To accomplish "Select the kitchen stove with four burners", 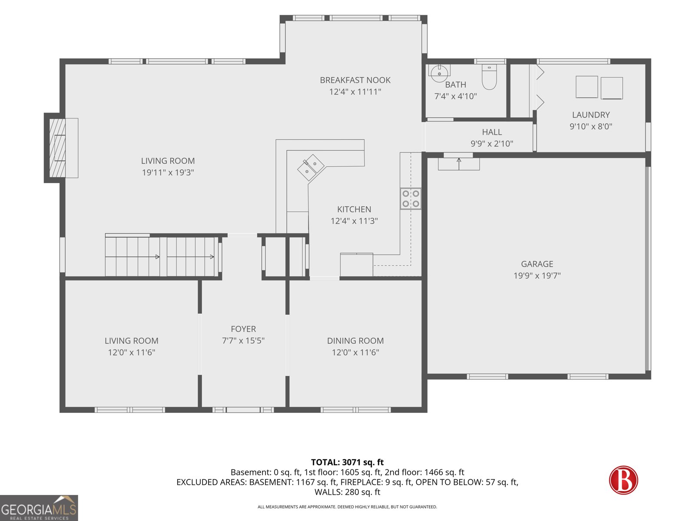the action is [410, 199].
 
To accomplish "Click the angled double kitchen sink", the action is [311, 167].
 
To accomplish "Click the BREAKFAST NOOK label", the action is [355, 80].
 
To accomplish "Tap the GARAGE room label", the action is [537, 264].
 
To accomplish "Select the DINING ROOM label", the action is [355, 341].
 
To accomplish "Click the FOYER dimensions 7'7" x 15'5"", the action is [243, 341].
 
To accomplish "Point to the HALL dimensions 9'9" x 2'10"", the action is [492, 144].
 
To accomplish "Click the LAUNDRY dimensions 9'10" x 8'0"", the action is [591, 126].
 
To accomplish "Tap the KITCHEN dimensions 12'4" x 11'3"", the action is [354, 221].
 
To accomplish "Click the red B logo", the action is [623, 480].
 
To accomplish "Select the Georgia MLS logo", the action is [39, 508].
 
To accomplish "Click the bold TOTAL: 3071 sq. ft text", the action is [347, 462].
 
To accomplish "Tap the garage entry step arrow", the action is [459, 164].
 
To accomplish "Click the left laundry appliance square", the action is [587, 87].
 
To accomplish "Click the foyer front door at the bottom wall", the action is [243, 410].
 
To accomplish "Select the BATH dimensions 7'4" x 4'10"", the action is [455, 96].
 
